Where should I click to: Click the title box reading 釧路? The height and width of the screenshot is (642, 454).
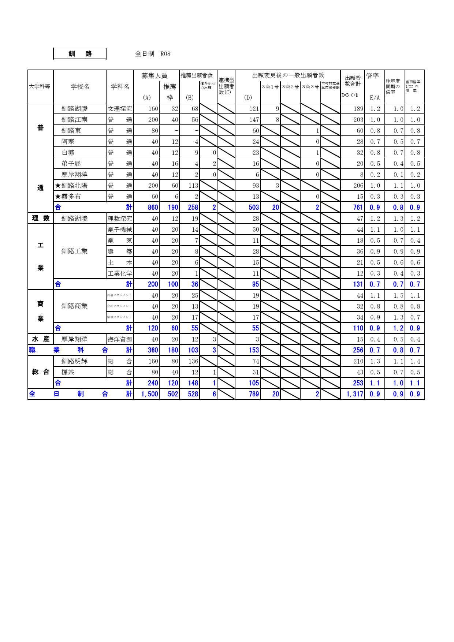pyautogui.click(x=80, y=54)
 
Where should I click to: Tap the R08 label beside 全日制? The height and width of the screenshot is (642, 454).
pyautogui.click(x=165, y=54)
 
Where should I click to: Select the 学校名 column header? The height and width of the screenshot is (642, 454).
pyautogui.click(x=80, y=87)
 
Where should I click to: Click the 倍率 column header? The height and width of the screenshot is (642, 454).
pyautogui.click(x=372, y=76)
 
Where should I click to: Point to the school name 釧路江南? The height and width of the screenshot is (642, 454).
pyautogui.click(x=74, y=120)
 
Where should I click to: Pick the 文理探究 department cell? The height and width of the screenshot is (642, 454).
pyautogui.click(x=120, y=109)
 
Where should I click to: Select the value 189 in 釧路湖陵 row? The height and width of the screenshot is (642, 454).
pyautogui.click(x=358, y=109)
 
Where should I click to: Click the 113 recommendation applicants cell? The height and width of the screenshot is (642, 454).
pyautogui.click(x=193, y=186)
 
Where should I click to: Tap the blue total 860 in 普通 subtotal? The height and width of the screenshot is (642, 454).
pyautogui.click(x=153, y=208)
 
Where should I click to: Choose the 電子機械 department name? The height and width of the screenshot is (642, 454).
pyautogui.click(x=120, y=229)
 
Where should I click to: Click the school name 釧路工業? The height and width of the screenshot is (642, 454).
pyautogui.click(x=74, y=251)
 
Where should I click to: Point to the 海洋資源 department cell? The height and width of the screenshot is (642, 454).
pyautogui.click(x=120, y=339)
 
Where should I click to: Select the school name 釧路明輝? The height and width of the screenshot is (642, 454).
pyautogui.click(x=74, y=361)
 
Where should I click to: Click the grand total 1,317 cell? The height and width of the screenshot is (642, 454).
pyautogui.click(x=354, y=394)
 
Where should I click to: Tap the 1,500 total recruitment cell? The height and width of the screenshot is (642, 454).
pyautogui.click(x=149, y=394)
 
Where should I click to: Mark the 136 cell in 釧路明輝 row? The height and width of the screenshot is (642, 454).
pyautogui.click(x=193, y=361)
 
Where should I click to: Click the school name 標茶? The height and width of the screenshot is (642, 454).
pyautogui.click(x=68, y=372)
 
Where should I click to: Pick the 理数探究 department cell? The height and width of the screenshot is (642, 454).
pyautogui.click(x=120, y=219)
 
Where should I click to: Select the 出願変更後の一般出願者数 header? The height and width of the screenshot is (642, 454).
pyautogui.click(x=288, y=75)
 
